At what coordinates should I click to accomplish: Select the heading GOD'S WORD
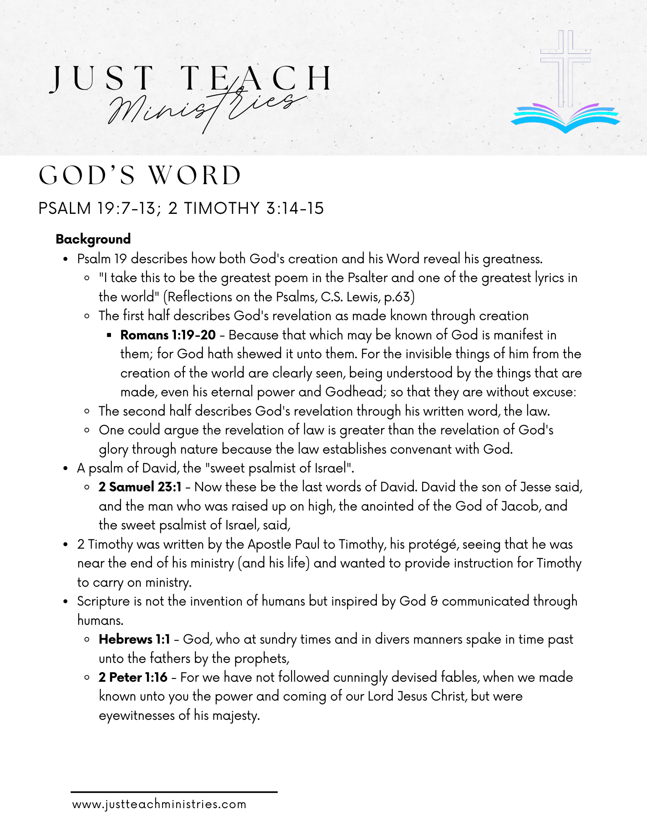click(140, 175)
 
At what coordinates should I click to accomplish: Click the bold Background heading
click(93, 239)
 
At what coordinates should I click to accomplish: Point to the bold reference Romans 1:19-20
click(168, 335)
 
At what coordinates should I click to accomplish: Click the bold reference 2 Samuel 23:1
click(140, 487)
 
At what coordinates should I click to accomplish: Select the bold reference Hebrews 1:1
click(134, 639)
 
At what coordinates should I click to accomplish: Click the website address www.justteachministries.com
click(159, 804)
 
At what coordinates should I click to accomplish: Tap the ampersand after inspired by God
click(434, 601)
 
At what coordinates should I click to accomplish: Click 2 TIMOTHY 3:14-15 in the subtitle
click(246, 208)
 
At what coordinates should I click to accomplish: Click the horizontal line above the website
click(174, 792)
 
